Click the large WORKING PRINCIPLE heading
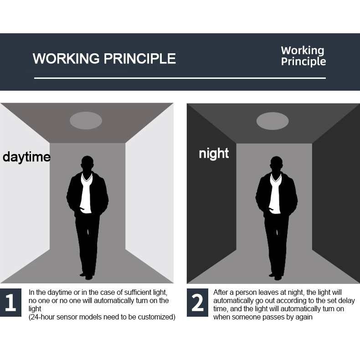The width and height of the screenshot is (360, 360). click(x=104, y=58)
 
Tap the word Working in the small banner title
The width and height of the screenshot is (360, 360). click(x=303, y=51)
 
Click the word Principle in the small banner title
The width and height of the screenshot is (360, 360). click(x=303, y=62)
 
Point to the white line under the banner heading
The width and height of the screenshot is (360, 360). click(x=180, y=78)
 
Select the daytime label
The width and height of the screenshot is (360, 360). click(x=26, y=157)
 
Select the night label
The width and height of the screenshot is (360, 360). click(x=214, y=154)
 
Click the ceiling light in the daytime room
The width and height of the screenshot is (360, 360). click(x=86, y=121)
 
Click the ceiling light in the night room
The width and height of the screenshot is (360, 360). click(x=273, y=121)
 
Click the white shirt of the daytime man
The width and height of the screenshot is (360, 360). click(x=86, y=193)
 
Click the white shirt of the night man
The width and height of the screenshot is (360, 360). click(x=275, y=194)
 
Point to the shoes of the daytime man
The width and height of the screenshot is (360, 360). click(x=87, y=276)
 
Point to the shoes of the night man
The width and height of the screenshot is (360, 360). click(x=276, y=277)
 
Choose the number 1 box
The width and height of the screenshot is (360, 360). click(x=10, y=303)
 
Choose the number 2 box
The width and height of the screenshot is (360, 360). click(x=197, y=303)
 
